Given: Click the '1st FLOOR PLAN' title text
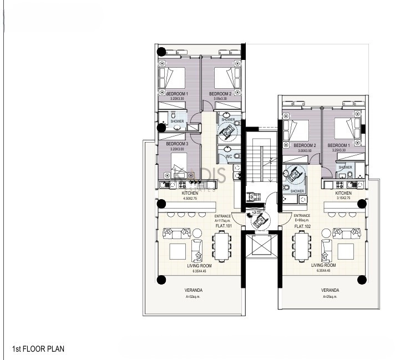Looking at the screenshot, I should [x=38, y=349].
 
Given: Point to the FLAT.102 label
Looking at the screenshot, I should [x=301, y=226].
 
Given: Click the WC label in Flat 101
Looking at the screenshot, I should [x=228, y=156].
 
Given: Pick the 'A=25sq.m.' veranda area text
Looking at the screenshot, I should [x=330, y=296].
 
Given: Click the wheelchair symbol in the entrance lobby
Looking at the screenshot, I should [x=258, y=220].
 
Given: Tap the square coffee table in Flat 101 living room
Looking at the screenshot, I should [x=178, y=252].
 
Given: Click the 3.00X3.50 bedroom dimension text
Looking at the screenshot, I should [x=294, y=150].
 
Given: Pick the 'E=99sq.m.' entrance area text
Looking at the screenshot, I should [x=301, y=221].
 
